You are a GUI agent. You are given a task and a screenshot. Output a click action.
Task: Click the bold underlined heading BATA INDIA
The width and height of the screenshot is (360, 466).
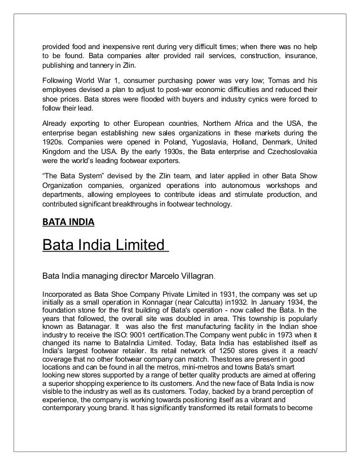[x=68, y=222]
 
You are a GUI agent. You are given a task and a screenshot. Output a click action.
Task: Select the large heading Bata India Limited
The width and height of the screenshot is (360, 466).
[x=105, y=247]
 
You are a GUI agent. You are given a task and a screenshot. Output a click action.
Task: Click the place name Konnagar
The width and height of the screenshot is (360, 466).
[x=147, y=302]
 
